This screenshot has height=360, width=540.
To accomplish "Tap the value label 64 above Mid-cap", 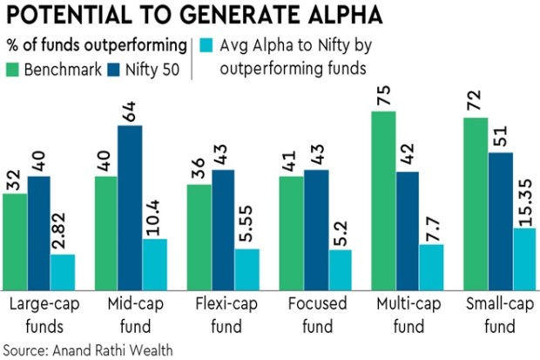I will click(130, 111).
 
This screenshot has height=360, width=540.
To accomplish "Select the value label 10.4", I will click(154, 218).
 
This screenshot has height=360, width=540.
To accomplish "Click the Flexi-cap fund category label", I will click(222, 315).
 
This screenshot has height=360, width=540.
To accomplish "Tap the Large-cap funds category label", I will click(40, 315).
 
